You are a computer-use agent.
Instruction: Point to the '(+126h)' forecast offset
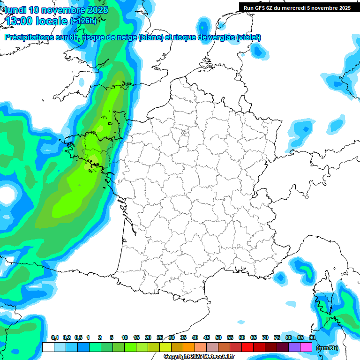[83, 21]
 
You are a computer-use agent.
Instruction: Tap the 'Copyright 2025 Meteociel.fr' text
[199, 357]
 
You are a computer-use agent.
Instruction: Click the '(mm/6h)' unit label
[327, 347]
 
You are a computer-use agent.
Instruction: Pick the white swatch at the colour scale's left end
[48, 347]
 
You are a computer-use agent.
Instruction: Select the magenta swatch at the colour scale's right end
[306, 347]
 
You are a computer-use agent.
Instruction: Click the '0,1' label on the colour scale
[54, 337]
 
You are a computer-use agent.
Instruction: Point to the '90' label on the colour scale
[312, 337]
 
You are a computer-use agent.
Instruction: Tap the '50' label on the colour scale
[218, 337]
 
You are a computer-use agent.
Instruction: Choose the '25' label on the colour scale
[160, 337]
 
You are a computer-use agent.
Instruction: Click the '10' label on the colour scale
[125, 337]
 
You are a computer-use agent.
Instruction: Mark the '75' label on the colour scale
[277, 337]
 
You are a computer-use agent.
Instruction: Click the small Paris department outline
[185, 133]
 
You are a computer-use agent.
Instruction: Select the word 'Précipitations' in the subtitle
[28, 37]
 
